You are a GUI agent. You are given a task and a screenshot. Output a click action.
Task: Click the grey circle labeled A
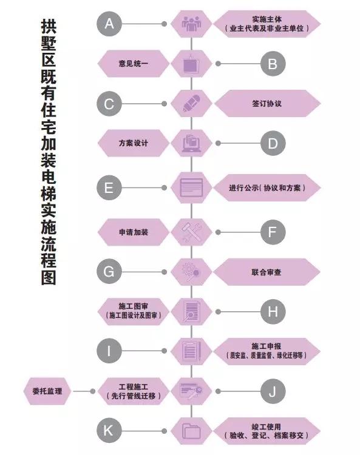click(x=109, y=24)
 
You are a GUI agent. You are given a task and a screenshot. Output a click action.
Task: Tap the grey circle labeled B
click(x=273, y=64)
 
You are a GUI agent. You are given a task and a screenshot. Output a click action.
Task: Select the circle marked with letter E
click(x=109, y=187)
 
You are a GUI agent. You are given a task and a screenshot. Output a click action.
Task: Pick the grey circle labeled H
click(x=273, y=312)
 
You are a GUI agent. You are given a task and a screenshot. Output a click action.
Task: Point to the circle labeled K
click(x=109, y=431)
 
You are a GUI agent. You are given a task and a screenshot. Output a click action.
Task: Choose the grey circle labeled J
click(x=273, y=391)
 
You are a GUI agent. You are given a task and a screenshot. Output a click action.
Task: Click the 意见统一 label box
click(x=134, y=64)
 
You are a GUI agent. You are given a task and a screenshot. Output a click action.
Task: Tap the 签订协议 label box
click(x=267, y=104)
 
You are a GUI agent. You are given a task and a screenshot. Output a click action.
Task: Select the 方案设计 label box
click(x=134, y=143)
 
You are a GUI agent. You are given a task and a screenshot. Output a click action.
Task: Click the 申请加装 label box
click(x=134, y=232)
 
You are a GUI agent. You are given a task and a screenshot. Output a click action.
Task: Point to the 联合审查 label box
click(x=267, y=272)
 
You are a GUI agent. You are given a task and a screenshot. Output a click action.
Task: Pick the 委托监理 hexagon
click(x=47, y=391)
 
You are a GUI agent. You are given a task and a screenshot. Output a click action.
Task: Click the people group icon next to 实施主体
click(x=191, y=24)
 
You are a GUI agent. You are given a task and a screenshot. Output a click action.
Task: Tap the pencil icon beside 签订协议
click(x=192, y=103)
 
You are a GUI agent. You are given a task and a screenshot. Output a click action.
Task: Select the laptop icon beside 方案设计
click(x=191, y=143)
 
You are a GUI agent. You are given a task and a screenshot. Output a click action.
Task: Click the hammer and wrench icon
click(x=191, y=232)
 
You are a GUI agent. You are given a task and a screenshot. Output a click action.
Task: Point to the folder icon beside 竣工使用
click(x=191, y=431)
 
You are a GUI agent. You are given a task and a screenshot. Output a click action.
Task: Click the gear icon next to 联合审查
click(x=191, y=272)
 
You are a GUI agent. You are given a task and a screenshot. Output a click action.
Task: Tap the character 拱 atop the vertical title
click(x=49, y=27)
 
